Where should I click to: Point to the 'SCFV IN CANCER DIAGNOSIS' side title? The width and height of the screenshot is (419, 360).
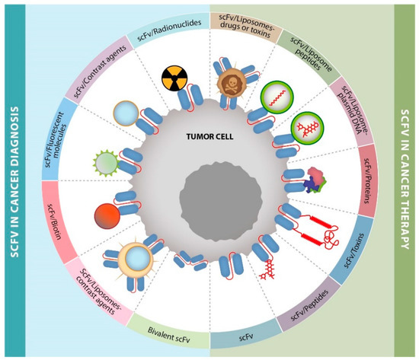[x=16, y=180]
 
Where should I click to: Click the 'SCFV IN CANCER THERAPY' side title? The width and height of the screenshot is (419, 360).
[x=404, y=180]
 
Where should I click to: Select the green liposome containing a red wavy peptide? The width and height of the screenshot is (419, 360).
[x=275, y=98]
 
